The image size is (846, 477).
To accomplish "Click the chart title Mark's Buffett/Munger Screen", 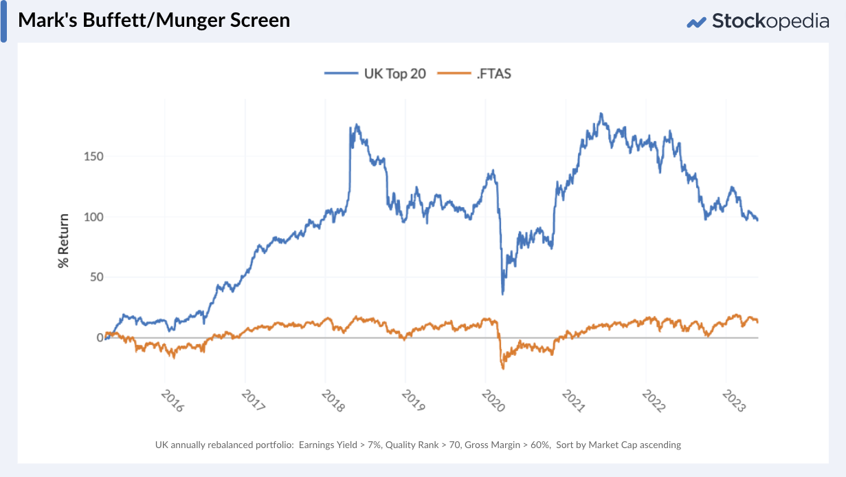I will [154, 20].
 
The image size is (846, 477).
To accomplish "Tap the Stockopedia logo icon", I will [696, 22].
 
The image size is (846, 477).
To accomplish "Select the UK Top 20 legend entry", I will [376, 73].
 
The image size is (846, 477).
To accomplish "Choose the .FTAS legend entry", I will [475, 73].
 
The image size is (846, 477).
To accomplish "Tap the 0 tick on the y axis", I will [99, 337].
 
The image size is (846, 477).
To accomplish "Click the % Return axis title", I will [64, 240].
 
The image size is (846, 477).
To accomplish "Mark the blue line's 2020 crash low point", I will [503, 294].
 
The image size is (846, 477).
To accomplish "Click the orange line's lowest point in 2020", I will [503, 369].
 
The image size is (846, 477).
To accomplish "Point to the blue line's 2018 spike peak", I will [356, 125].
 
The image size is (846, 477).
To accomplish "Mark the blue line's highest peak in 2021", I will [601, 114].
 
